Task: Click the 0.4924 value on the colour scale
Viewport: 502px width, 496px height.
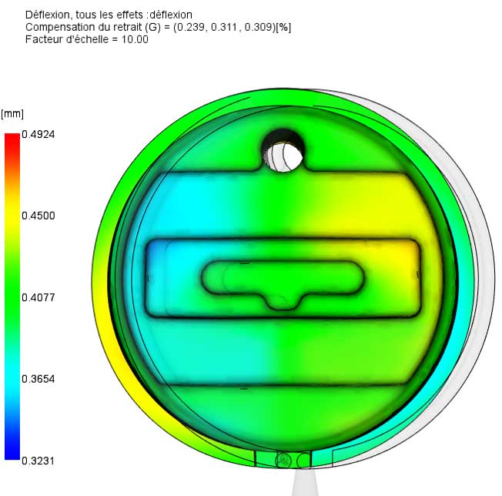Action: coord(38,135)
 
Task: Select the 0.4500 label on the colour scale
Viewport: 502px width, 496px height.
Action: coord(38,216)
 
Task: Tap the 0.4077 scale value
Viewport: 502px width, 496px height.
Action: coord(38,298)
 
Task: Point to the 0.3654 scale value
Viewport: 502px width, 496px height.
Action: coord(38,379)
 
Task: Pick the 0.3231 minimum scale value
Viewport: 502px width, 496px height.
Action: coord(38,461)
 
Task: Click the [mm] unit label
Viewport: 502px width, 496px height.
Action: coord(12,114)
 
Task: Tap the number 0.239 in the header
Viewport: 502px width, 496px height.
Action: coord(190,27)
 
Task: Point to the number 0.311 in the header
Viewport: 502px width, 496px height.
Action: coord(224,27)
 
